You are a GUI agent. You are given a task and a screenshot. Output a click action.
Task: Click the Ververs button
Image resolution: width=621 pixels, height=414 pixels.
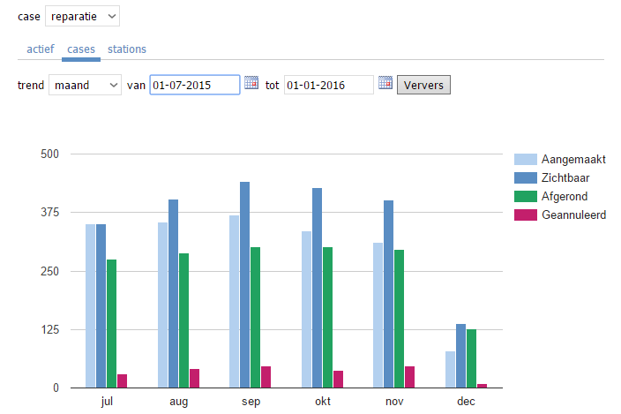(x=424, y=85)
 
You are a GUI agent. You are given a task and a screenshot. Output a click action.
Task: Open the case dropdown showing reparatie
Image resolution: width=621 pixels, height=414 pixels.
(x=82, y=16)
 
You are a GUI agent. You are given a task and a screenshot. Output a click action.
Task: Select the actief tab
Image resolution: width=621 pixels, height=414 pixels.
(x=41, y=49)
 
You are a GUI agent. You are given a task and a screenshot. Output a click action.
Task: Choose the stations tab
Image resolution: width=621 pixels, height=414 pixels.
(x=127, y=49)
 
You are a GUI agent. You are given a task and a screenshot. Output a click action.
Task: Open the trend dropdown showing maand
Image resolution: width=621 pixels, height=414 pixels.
(x=84, y=85)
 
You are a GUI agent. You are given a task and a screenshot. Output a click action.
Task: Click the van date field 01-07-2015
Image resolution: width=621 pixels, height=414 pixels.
(x=194, y=85)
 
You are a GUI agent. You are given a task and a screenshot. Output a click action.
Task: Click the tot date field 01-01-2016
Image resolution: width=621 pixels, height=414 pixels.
(x=328, y=85)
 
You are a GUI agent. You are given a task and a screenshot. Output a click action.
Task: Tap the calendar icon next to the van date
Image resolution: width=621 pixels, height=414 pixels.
(x=251, y=83)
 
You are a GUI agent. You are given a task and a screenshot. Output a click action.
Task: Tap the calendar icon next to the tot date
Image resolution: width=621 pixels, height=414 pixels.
(x=385, y=83)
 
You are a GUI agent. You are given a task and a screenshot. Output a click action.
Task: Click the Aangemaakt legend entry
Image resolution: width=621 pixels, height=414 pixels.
(x=574, y=159)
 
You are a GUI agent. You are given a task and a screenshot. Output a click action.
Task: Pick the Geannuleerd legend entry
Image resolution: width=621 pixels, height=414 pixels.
(x=573, y=215)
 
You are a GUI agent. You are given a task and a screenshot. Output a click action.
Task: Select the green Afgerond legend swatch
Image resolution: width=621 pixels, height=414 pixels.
(x=526, y=196)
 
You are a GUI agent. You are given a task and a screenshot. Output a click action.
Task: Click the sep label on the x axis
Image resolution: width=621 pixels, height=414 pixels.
(x=251, y=402)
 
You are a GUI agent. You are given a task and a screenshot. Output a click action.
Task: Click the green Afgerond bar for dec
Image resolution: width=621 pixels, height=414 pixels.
(x=471, y=358)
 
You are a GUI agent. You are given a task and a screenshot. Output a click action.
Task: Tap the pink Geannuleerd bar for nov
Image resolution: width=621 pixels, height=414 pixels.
(x=409, y=377)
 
